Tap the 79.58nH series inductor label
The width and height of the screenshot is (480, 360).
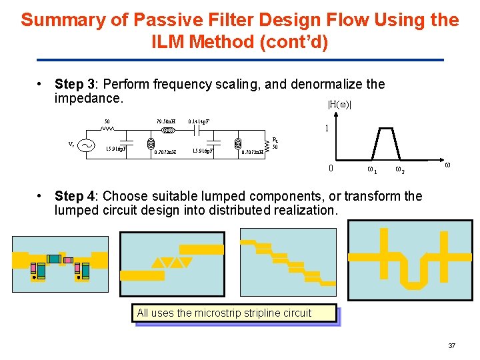pyautogui.click(x=165, y=122)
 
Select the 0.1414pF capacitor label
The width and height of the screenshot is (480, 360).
pyautogui.click(x=199, y=122)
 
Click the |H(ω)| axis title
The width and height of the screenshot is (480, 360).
pyautogui.click(x=339, y=104)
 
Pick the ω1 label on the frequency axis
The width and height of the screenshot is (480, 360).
pyautogui.click(x=372, y=171)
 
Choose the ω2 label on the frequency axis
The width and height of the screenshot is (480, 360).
pyautogui.click(x=399, y=171)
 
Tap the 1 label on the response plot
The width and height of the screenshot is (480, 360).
pyautogui.click(x=325, y=128)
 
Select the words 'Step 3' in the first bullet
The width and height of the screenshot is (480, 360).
pyautogui.click(x=75, y=85)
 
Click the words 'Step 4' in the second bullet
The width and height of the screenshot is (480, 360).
pyautogui.click(x=75, y=196)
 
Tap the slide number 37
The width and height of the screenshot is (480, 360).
pyautogui.click(x=451, y=345)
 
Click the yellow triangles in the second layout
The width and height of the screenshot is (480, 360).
pyautogui.click(x=172, y=262)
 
